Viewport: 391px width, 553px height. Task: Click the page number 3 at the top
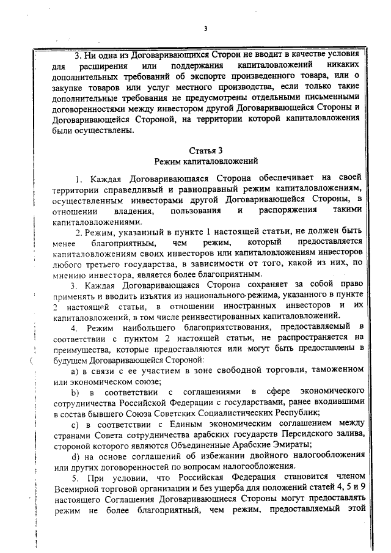[206, 28]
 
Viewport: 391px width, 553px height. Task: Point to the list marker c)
[75, 423]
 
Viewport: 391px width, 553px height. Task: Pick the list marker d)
[75, 455]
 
